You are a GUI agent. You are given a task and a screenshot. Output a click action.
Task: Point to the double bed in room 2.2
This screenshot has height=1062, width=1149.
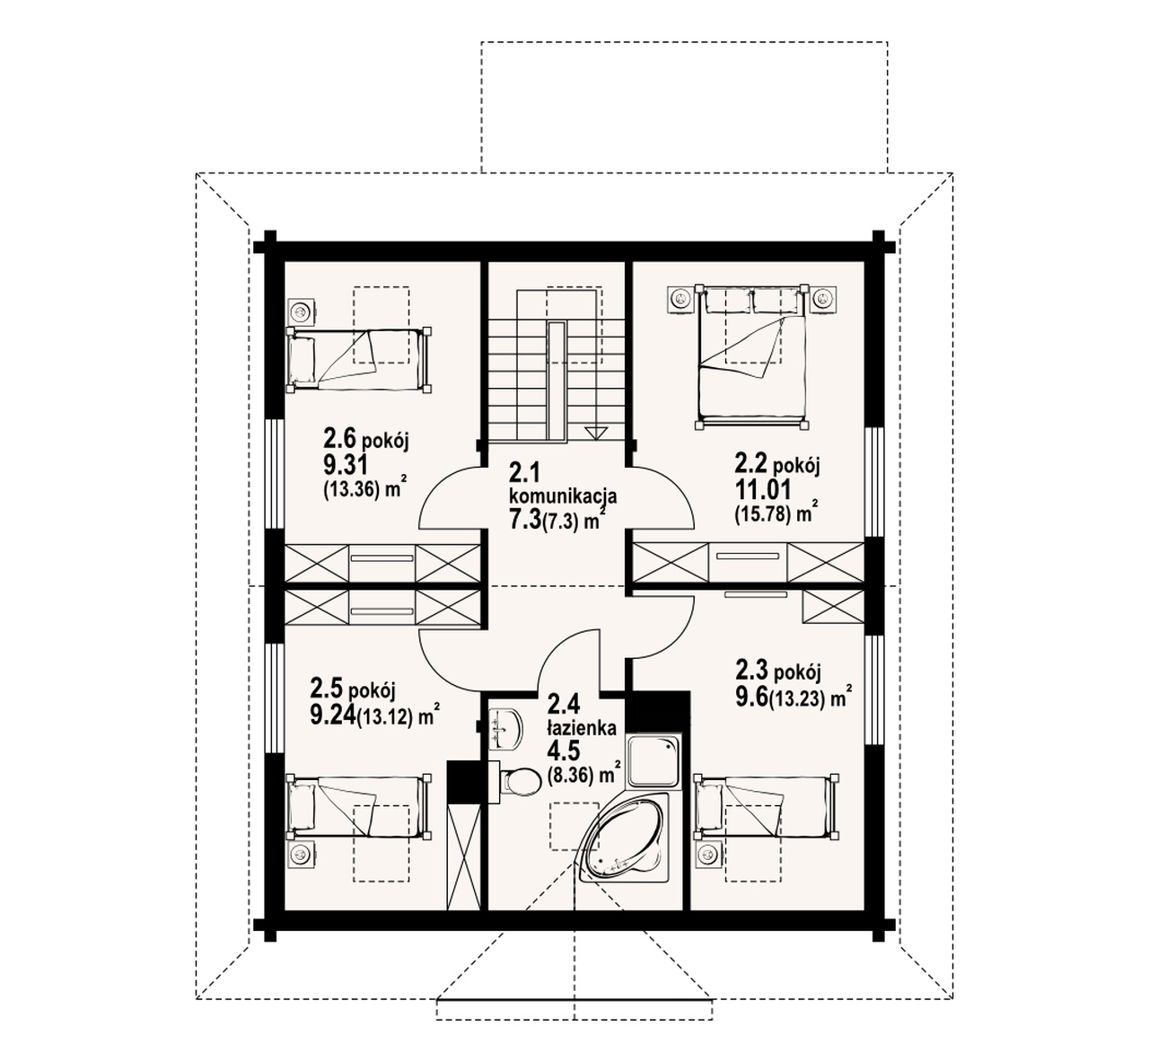pyautogui.click(x=752, y=356)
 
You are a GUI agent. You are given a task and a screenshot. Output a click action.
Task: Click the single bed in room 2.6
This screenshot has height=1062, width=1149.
pyautogui.click(x=359, y=359)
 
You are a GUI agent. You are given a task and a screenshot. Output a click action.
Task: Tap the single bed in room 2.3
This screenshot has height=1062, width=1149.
pyautogui.click(x=767, y=806)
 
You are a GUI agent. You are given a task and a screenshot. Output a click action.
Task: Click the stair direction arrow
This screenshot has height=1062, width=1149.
pyautogui.click(x=595, y=433)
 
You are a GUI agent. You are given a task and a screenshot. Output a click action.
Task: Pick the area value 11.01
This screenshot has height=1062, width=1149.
pyautogui.click(x=762, y=490)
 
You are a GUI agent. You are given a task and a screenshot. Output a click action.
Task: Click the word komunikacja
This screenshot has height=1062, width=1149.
pyautogui.click(x=563, y=496)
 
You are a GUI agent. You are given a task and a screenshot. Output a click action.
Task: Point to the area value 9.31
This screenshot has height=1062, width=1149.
pyautogui.click(x=346, y=463)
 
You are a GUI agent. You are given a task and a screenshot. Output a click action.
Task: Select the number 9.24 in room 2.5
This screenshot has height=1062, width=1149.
pyautogui.click(x=333, y=715)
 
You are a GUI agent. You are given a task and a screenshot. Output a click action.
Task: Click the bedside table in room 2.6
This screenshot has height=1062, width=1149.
pyautogui.click(x=301, y=312)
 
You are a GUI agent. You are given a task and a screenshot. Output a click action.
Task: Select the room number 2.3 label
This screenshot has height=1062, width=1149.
pyautogui.click(x=751, y=671)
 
